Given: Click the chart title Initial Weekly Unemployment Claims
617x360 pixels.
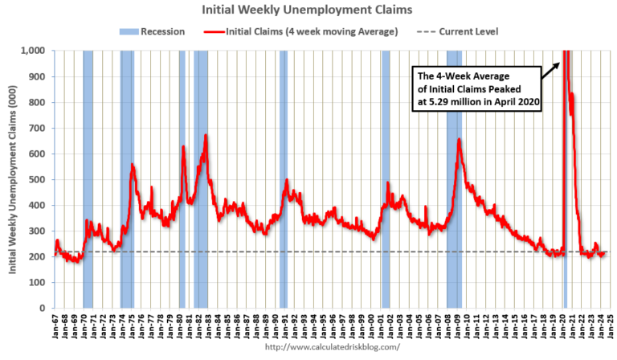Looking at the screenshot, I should [308, 11].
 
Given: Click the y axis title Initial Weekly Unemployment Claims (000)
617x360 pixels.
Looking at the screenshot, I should [14, 179].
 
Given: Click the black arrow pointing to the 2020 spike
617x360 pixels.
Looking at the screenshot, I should [550, 69].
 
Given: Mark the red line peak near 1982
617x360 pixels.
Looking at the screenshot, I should [206, 135].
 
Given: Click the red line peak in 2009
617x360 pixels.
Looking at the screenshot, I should [459, 140].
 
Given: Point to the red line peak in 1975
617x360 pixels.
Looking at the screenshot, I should [132, 165].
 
